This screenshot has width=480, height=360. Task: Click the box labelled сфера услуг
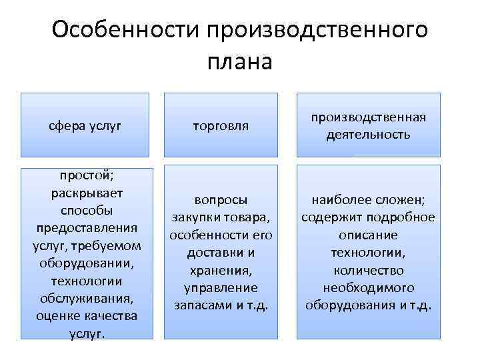coord(85,125)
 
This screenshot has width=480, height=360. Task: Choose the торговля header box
coord(220,125)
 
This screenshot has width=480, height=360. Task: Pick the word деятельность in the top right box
coord(368,134)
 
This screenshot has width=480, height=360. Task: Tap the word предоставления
coord(87,228)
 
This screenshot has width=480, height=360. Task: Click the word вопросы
coord(220,201)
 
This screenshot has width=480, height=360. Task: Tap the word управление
coord(220,287)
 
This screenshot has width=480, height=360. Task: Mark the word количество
coord(368,270)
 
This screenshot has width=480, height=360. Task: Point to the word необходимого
coord(368,287)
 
